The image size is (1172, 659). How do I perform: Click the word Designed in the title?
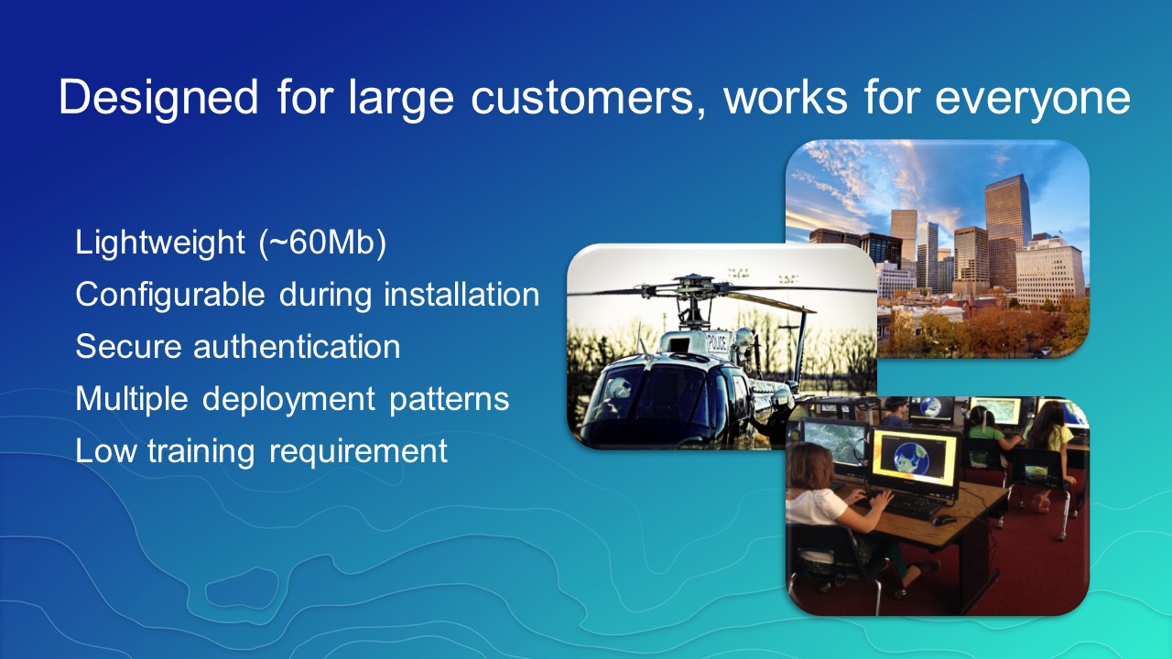coord(158,98)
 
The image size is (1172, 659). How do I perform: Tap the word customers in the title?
coord(588,98)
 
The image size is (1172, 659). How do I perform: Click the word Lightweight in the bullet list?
coord(159,243)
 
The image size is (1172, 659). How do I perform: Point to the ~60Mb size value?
coord(323,243)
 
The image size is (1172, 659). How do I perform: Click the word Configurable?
coord(170,295)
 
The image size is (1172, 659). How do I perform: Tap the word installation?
coord(461,294)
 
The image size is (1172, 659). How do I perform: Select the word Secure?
coord(128,347)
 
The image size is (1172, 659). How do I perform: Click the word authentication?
coord(297,347)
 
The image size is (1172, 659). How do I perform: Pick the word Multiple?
coord(132,400)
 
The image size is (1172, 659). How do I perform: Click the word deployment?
coord(288,400)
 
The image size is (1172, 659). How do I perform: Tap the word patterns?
coord(449,400)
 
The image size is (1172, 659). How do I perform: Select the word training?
coord(201,451)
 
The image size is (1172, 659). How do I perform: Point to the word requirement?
coord(358,451)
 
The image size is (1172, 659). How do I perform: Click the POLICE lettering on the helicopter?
coord(717,343)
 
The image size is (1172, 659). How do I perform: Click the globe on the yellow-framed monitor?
coord(912,457)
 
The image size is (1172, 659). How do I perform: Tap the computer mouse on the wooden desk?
coord(943,520)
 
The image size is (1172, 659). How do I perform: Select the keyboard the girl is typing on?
coord(909,505)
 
